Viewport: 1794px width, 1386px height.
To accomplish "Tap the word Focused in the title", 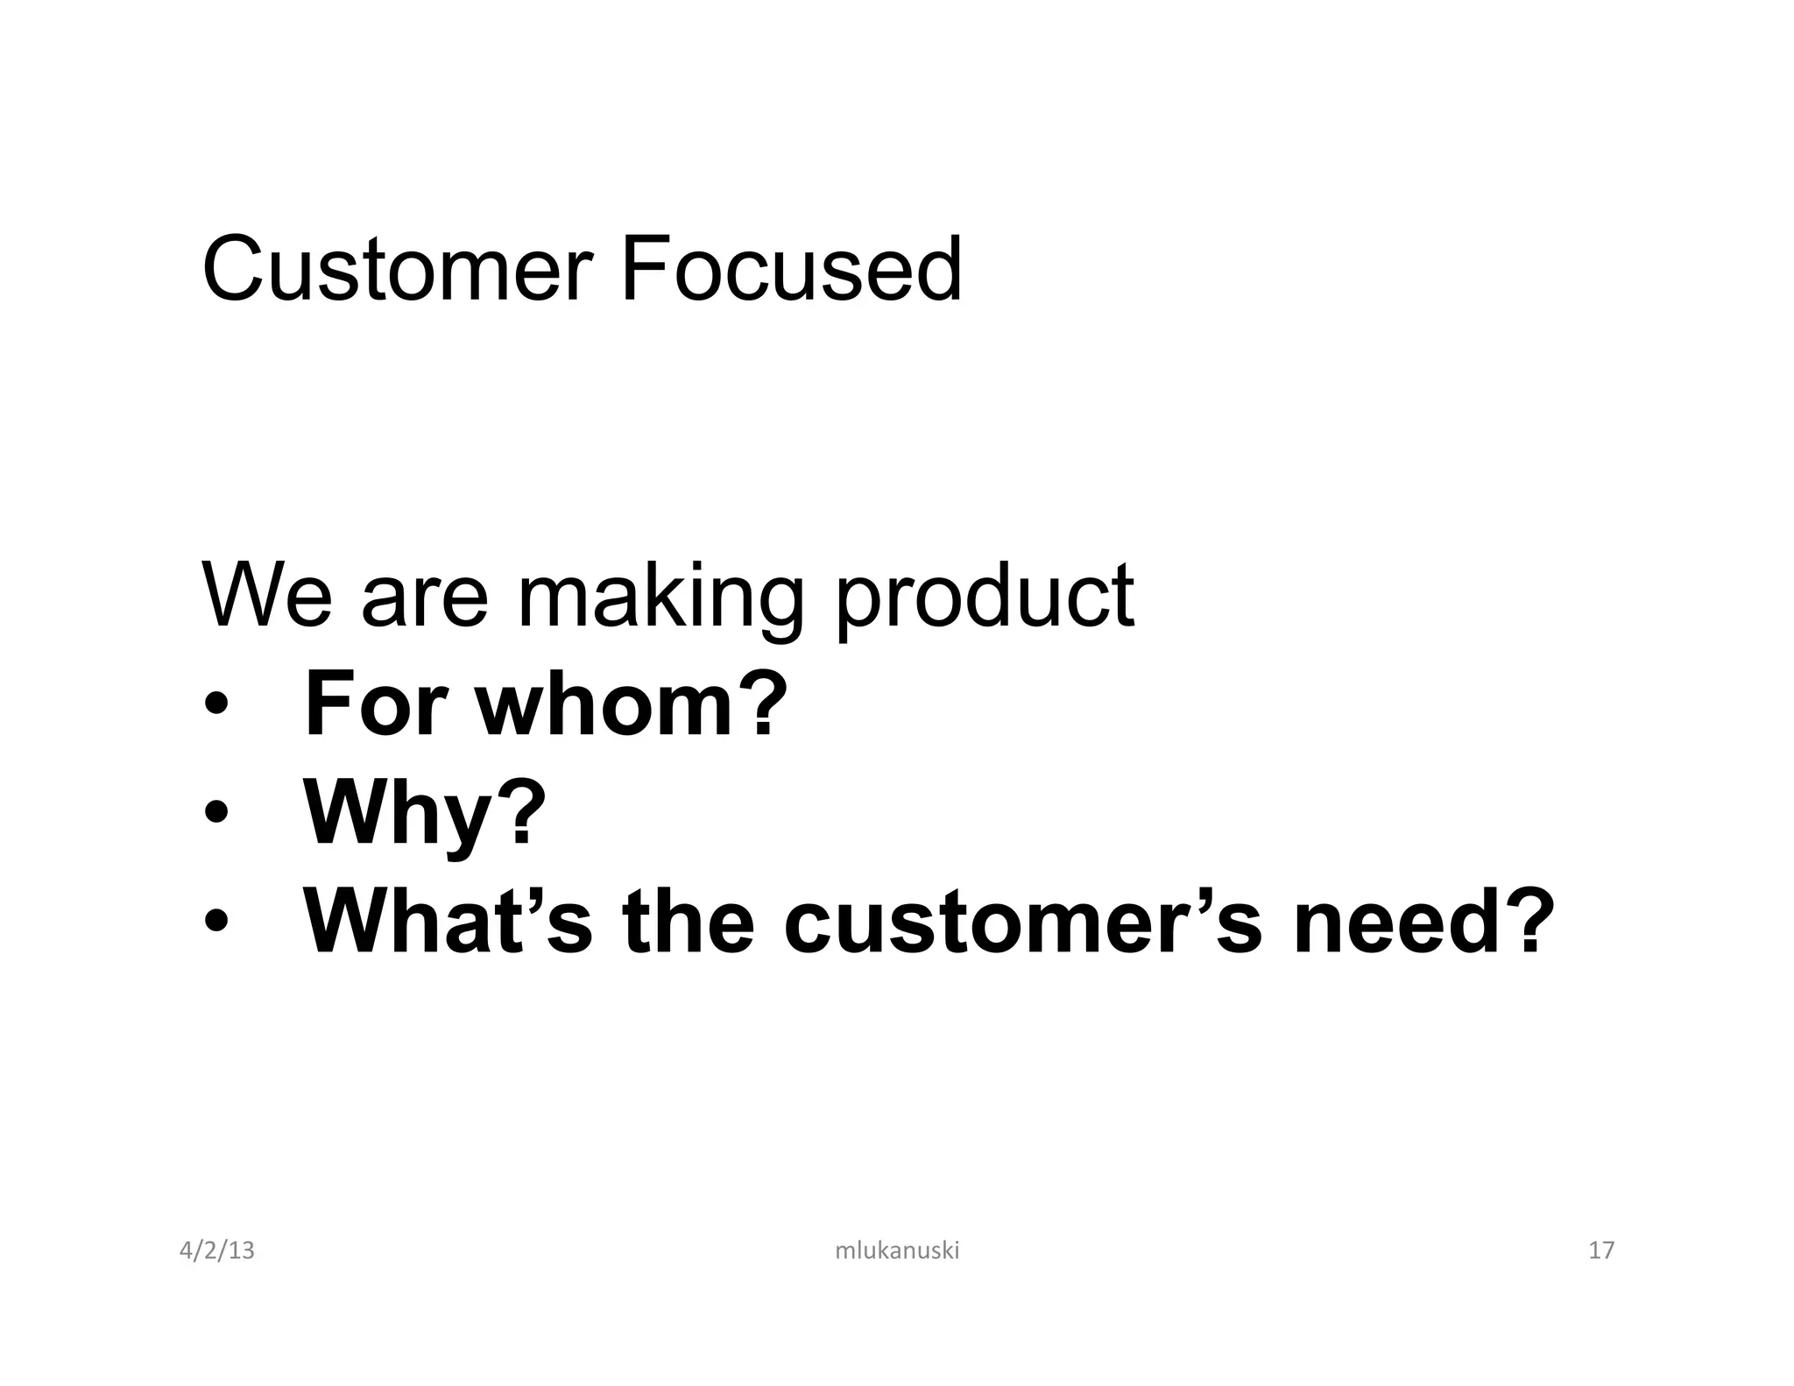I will [x=792, y=269].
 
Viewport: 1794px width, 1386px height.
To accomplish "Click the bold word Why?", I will [x=424, y=815].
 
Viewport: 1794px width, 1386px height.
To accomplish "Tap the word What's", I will [x=448, y=922].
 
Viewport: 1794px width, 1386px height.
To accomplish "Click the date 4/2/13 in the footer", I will [x=216, y=1250].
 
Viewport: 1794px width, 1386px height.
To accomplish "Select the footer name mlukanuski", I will [x=897, y=1250].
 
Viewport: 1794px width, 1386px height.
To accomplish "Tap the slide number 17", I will [x=1600, y=1250].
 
